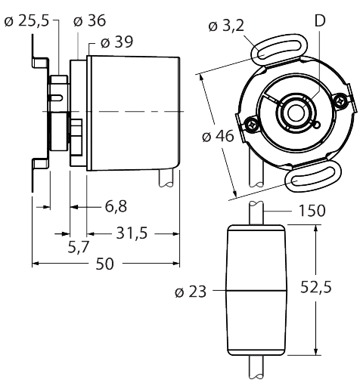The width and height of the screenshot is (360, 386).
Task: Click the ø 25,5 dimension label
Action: coord(26,21)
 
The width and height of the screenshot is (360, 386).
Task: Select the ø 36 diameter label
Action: coord(89,20)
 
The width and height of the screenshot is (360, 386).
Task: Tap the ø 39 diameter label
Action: coord(116,42)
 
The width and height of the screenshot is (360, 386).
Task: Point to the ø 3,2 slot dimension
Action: coord(226,26)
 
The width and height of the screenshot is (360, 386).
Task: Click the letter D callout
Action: coord(320,20)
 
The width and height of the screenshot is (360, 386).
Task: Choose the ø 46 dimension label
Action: coord(218,136)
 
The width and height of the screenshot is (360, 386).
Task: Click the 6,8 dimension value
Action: coord(116,206)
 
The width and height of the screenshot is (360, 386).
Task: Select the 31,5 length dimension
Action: coord(132,233)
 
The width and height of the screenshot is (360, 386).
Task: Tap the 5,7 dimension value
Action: coord(79,247)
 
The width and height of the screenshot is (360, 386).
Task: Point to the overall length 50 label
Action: coord(104,264)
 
